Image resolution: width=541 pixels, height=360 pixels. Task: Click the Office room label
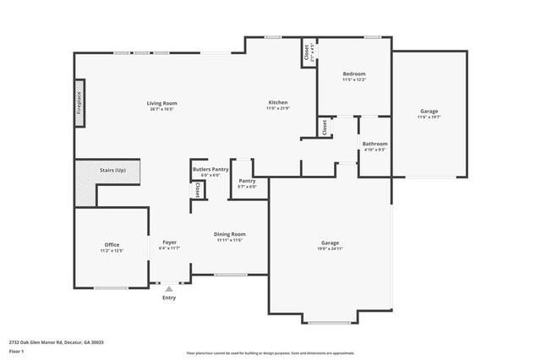coord(112,245)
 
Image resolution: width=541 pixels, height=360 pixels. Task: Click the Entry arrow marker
coord(169,289)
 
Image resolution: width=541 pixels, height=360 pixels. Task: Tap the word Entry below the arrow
coord(169,297)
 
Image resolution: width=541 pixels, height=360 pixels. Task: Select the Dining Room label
coord(229,234)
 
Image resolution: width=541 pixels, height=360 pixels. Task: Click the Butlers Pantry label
coord(210,170)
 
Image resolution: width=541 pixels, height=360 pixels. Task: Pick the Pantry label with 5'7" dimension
coord(247,181)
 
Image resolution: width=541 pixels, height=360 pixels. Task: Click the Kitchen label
coord(278,103)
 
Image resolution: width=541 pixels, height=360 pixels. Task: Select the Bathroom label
coord(374,144)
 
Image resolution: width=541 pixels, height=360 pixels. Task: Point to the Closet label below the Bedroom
coord(324,127)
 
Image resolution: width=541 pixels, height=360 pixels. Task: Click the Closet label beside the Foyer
coord(197,191)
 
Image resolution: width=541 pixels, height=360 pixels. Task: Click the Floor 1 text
coord(16,351)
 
